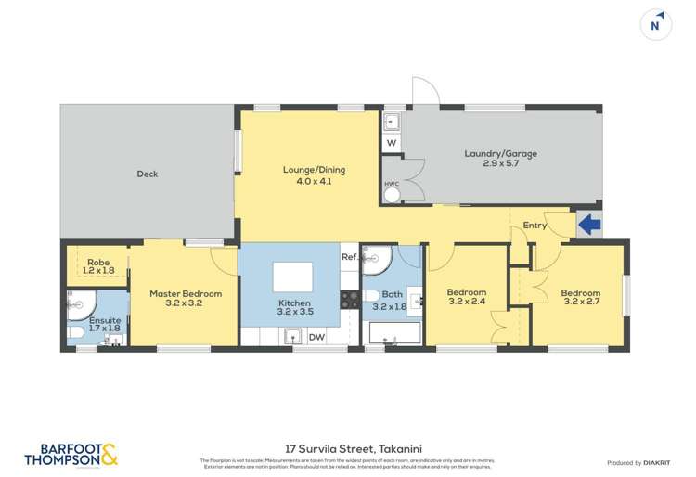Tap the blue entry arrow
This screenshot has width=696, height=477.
pyautogui.click(x=588, y=224)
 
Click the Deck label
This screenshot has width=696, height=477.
pyautogui.click(x=147, y=174)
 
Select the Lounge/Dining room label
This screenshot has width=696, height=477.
pyautogui.click(x=307, y=170)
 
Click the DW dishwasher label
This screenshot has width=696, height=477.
pyautogui.click(x=316, y=337)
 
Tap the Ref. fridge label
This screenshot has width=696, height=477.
pyautogui.click(x=349, y=257)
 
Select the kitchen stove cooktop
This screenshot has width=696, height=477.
pyautogui.click(x=351, y=299)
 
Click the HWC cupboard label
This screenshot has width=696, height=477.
pyautogui.click(x=391, y=184)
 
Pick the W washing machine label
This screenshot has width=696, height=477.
pyautogui.click(x=391, y=143)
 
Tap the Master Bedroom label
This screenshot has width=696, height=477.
pyautogui.click(x=186, y=294)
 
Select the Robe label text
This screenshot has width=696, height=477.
pyautogui.click(x=98, y=263)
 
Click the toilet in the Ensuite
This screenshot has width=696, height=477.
pyautogui.click(x=74, y=330)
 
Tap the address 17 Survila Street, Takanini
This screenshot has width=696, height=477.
pyautogui.click(x=347, y=447)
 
